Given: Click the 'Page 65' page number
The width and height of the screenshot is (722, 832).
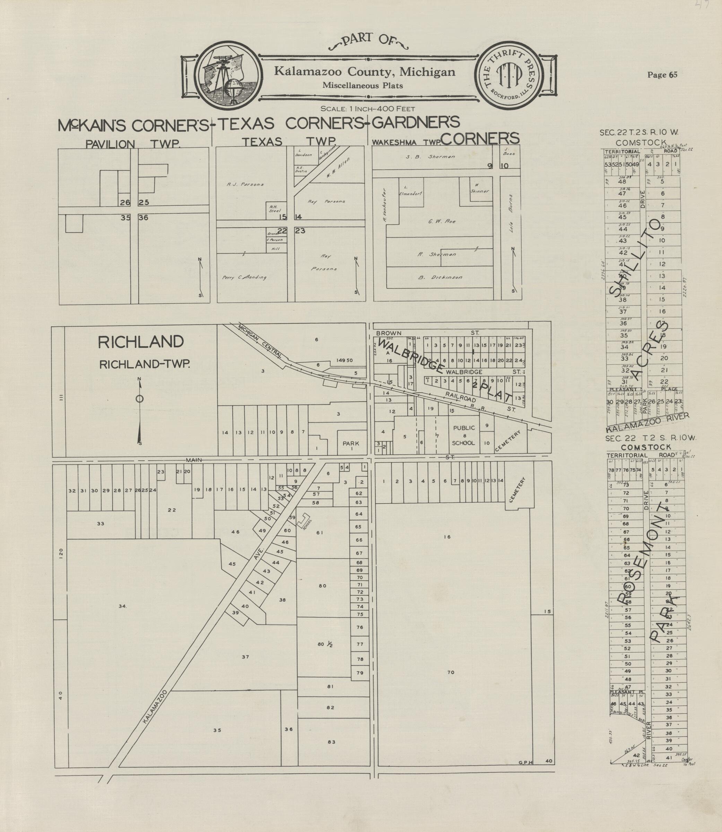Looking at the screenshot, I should pos(662,75).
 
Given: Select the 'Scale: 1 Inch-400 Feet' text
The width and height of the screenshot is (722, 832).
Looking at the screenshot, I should pos(367,109).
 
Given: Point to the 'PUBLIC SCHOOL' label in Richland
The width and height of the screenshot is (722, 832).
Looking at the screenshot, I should pos(463,435).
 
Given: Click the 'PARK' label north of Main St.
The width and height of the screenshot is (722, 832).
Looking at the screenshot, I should pos(350,444).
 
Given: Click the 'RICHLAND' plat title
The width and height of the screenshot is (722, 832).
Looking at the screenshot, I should pos(141,342).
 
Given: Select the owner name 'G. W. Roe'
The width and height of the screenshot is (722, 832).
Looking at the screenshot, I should pos(442,221).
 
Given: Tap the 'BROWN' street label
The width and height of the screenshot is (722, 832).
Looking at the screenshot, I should pos(389,333).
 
